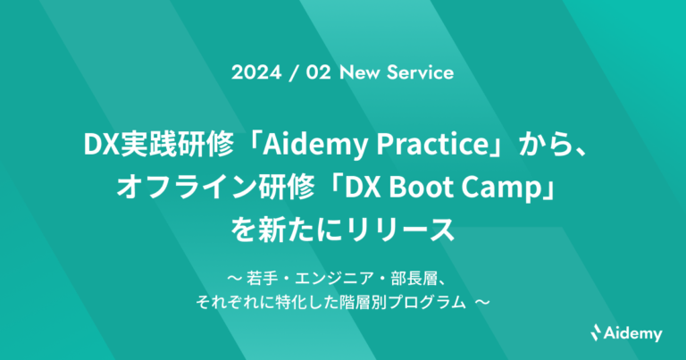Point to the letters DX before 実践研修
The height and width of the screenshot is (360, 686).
[x=99, y=143]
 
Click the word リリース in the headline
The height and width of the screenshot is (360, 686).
[x=412, y=231]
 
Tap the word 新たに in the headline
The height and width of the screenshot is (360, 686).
[x=300, y=231]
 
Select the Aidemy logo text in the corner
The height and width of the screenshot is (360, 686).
[x=634, y=334]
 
